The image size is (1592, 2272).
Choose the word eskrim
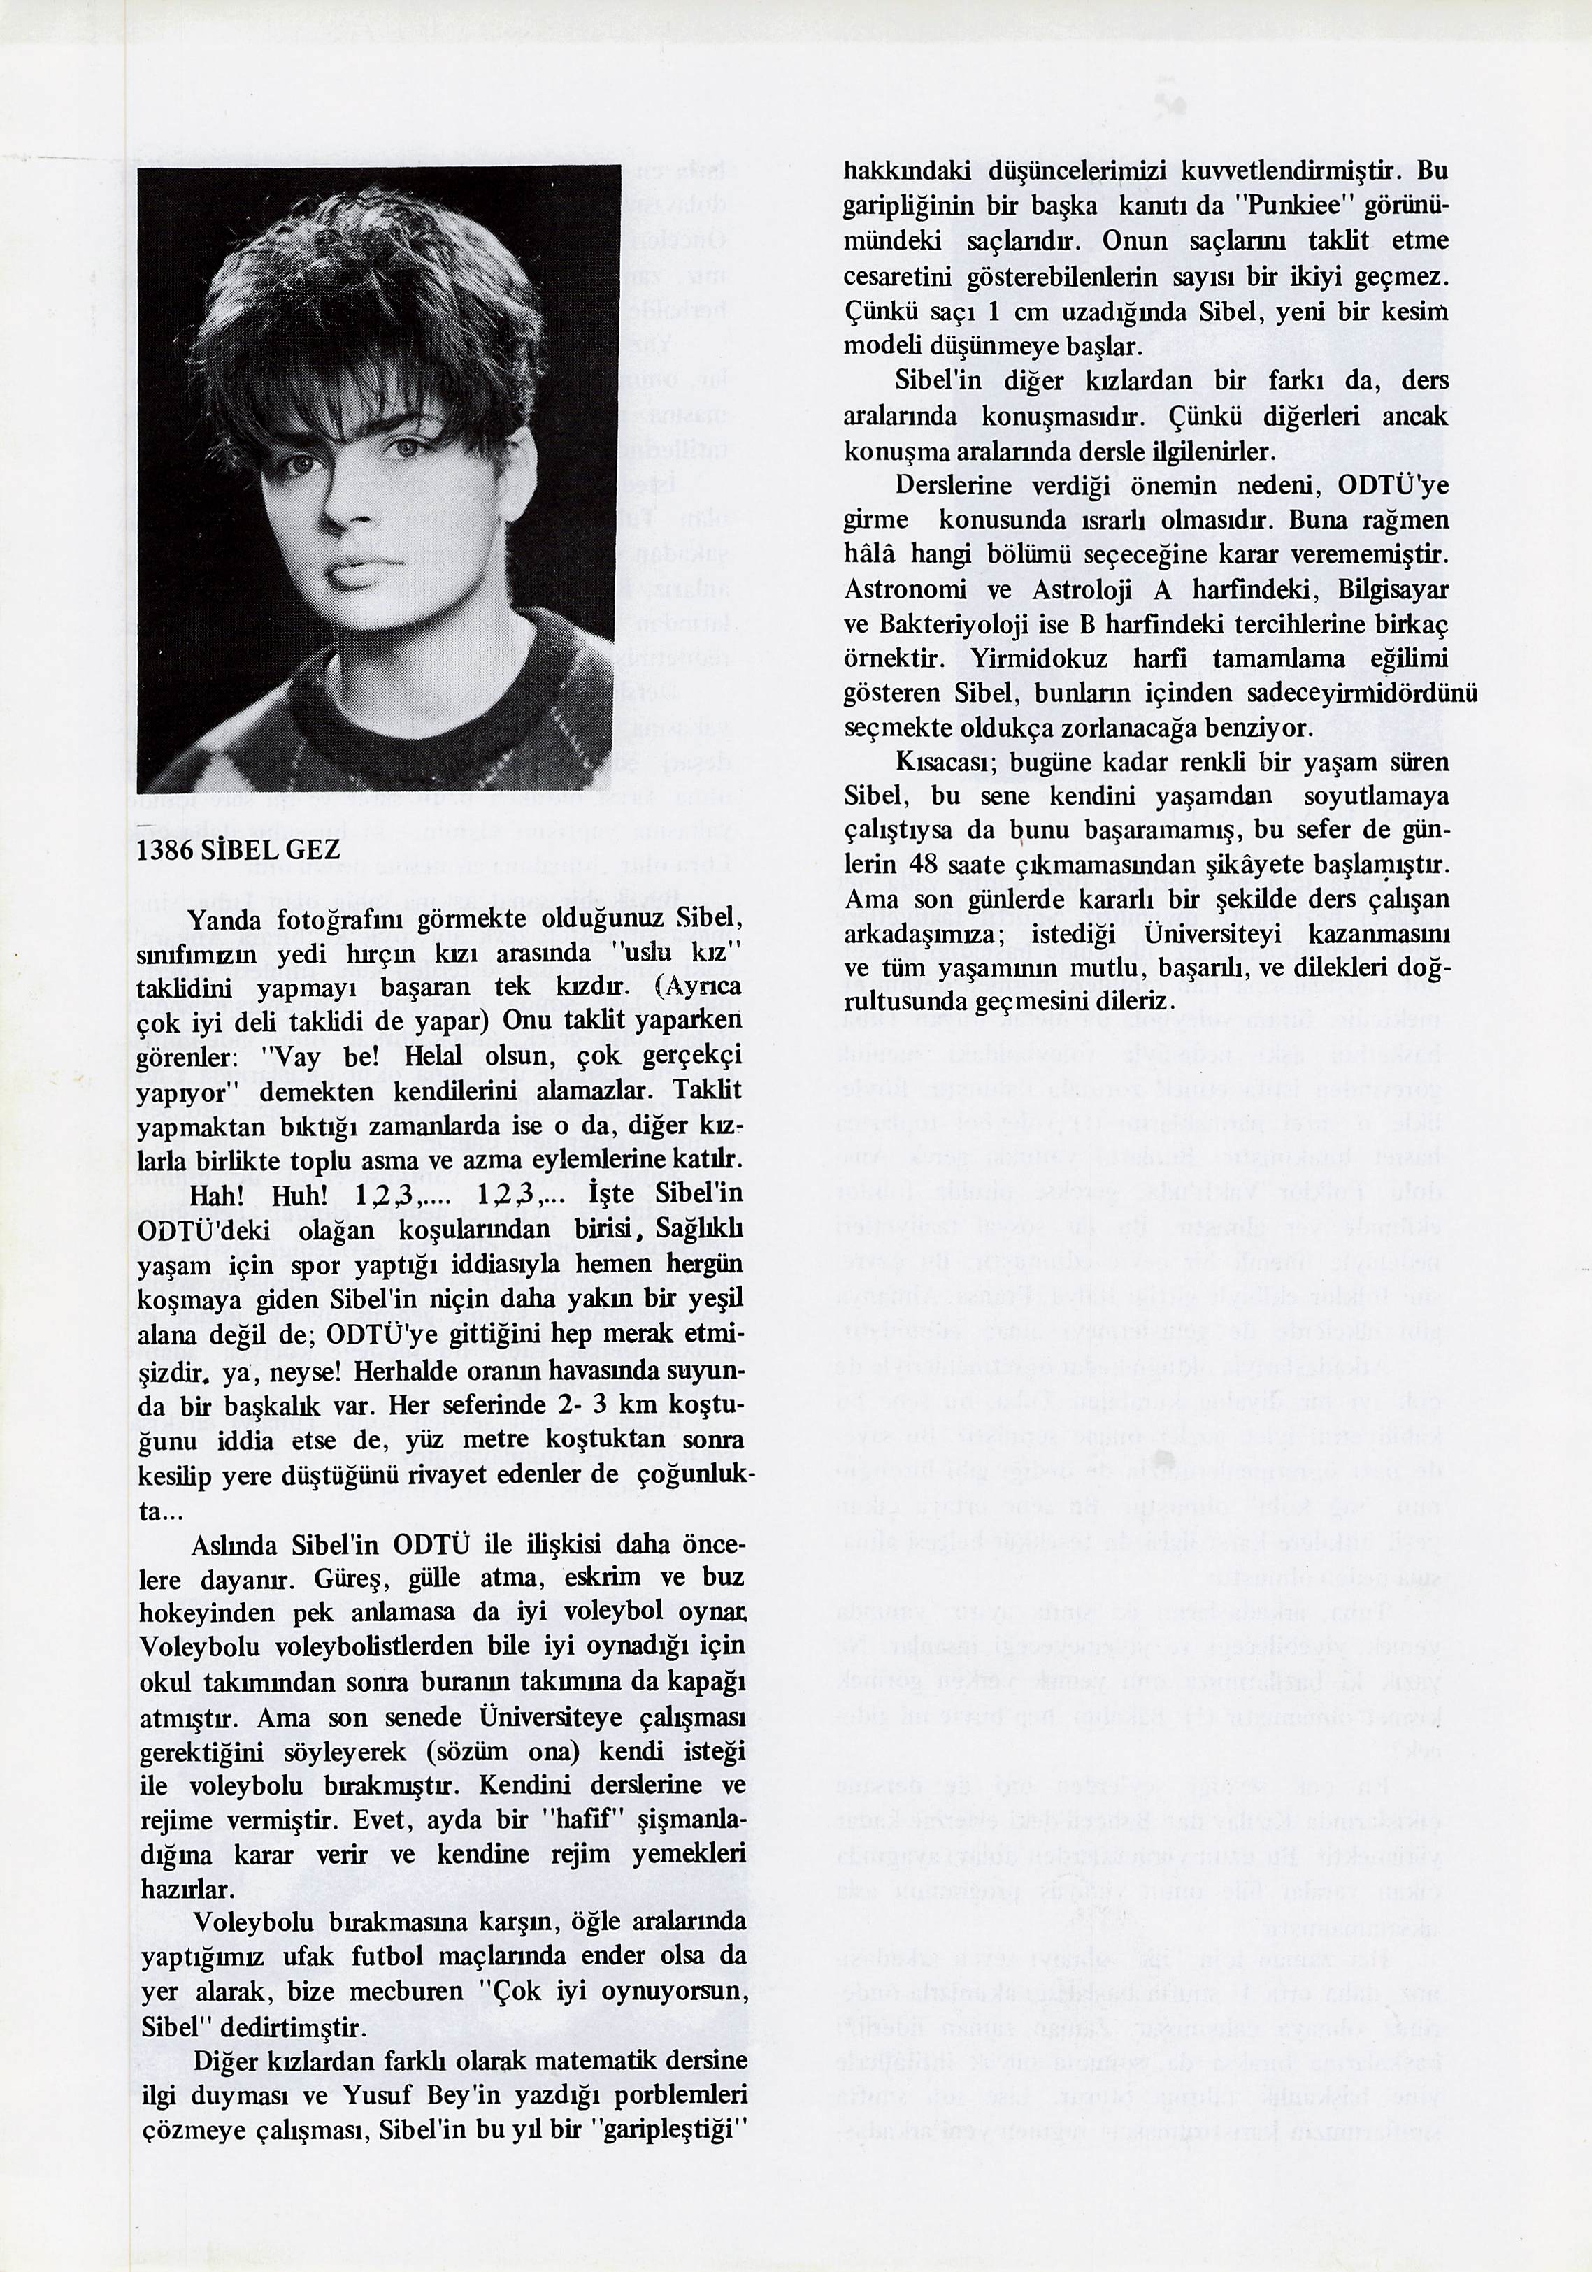[603, 1576]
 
